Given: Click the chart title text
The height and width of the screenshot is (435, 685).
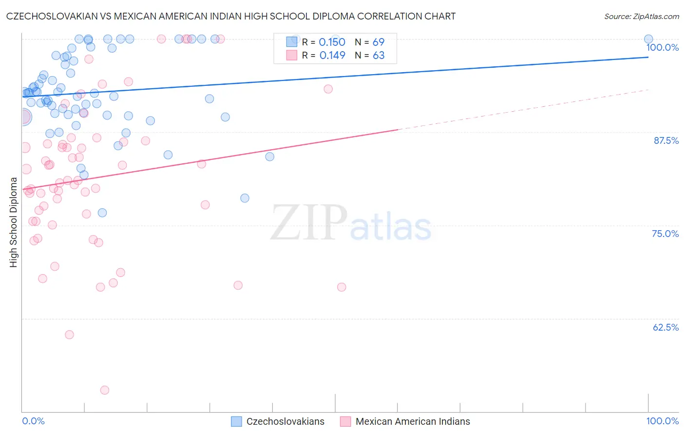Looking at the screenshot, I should point(231,16).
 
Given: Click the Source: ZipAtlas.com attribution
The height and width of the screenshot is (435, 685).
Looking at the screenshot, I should point(641,16).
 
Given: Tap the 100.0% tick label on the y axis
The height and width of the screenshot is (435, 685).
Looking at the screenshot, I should point(662,47).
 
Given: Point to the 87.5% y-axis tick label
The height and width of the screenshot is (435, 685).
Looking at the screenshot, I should point(666,140).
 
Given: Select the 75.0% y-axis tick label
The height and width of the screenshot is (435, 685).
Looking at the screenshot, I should point(665,234).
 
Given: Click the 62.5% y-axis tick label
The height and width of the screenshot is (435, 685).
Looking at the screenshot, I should point(666,327).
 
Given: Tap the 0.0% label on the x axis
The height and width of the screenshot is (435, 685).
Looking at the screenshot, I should point(33,421).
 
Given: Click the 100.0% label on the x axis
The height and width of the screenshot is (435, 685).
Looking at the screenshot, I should point(662,421).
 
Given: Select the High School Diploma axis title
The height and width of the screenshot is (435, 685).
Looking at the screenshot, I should point(14,222).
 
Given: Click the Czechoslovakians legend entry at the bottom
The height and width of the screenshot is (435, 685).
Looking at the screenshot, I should point(285,421).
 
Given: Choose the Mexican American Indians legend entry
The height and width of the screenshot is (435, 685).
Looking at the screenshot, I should point(413,421).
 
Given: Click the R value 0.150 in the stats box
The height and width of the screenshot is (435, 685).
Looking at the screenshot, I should point(332,42).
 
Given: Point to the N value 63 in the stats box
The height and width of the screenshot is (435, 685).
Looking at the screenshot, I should point(379,56).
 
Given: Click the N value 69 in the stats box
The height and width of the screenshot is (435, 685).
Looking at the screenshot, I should point(379,42).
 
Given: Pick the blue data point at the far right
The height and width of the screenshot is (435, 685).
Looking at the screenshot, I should point(648,39).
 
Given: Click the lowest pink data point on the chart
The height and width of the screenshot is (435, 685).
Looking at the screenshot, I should point(104,390).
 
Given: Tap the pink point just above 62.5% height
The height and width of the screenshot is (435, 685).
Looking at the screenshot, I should point(69,335).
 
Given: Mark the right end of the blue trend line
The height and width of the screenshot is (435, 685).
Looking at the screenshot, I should point(648,57).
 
